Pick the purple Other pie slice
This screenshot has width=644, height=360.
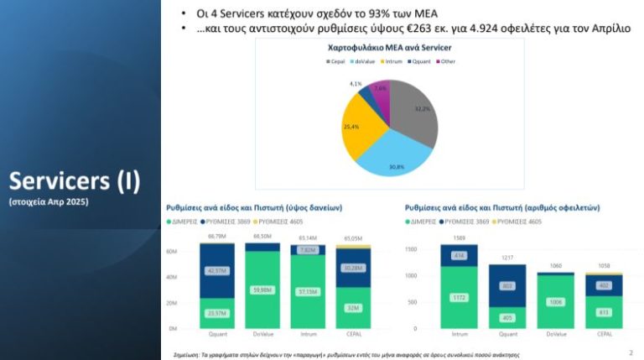[x=380, y=96]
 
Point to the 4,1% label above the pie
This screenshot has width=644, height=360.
[x=356, y=84]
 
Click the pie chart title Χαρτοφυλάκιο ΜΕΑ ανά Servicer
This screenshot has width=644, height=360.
[x=388, y=49]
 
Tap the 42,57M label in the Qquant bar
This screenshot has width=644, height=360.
[x=216, y=270]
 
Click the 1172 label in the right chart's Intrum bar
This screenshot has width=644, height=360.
[x=458, y=297]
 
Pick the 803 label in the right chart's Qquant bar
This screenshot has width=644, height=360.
[x=506, y=285]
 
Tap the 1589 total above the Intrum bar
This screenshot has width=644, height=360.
[x=459, y=238]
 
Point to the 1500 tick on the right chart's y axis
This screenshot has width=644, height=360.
[x=410, y=250]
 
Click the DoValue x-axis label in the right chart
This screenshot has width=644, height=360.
[x=556, y=334]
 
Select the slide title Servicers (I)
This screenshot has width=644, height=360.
[x=75, y=181]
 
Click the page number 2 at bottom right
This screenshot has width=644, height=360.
[x=631, y=352]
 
